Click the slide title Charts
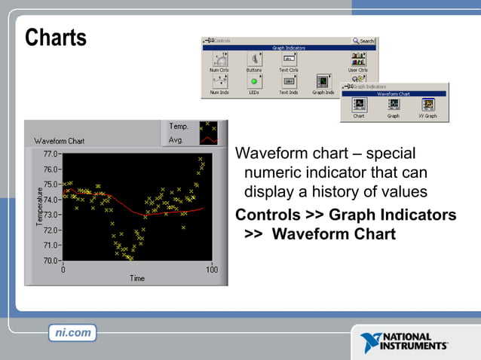tap(56, 38)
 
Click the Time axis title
tap(136, 279)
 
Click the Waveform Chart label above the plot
tap(59, 141)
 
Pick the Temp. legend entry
tap(178, 127)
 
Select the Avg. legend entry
tap(176, 139)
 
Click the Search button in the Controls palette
tap(363, 41)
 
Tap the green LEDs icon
tap(254, 81)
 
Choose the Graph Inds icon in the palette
tap(323, 81)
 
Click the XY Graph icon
tap(429, 105)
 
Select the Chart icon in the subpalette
tap(359, 105)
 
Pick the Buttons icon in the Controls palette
tap(254, 59)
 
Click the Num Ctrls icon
tap(219, 59)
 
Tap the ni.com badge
tap(73, 332)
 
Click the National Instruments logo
tap(404, 341)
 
